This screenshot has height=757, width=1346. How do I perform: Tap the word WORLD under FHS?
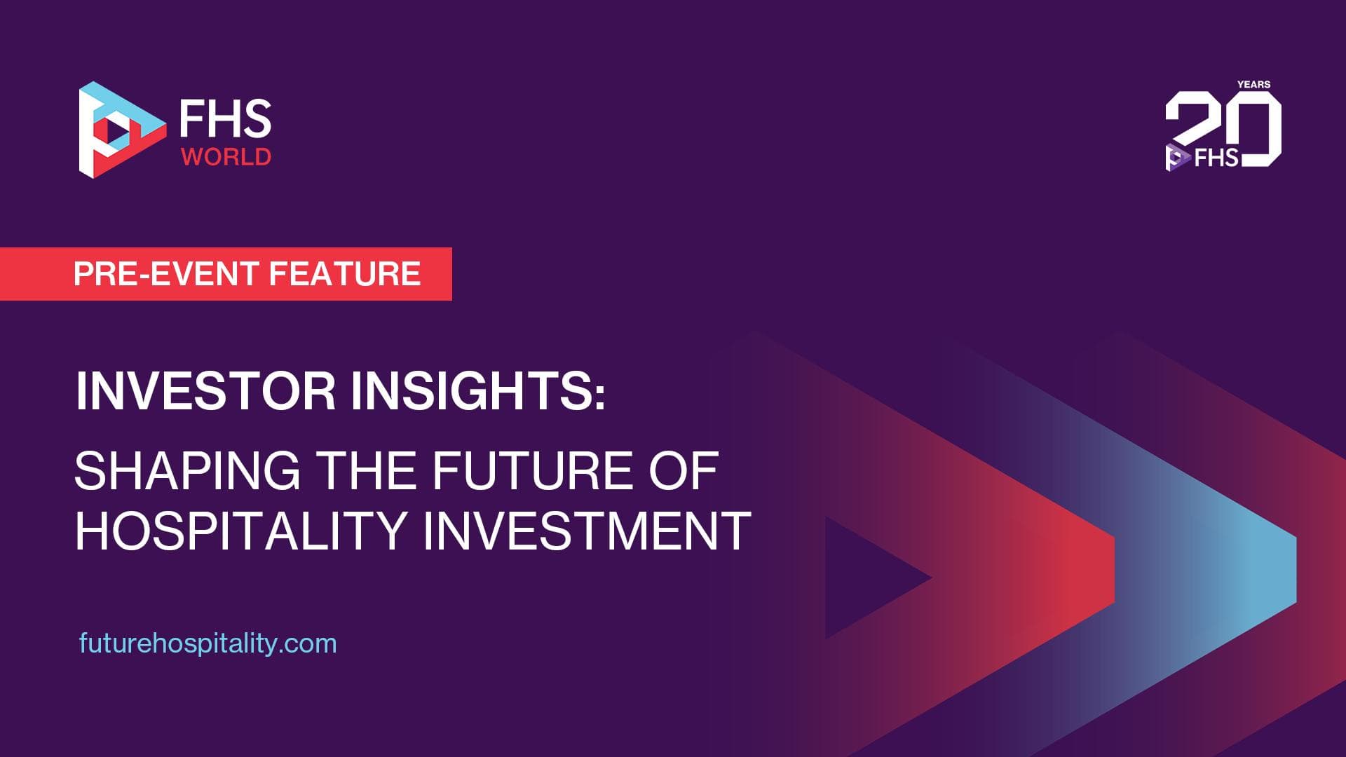[226, 156]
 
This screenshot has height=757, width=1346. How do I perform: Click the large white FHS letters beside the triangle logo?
[225, 118]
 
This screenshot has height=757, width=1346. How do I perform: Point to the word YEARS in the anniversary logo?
[1253, 84]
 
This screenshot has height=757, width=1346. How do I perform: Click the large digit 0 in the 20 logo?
[1260, 130]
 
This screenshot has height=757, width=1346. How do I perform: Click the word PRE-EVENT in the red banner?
[166, 273]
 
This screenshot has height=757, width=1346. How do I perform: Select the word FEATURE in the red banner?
[345, 273]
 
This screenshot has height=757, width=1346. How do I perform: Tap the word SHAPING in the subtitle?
[187, 470]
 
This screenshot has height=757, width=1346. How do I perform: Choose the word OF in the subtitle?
[684, 470]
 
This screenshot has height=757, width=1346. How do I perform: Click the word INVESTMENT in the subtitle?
[587, 531]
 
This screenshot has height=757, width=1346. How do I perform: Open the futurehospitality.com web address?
[208, 643]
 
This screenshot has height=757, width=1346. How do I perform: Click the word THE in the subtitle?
[366, 470]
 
